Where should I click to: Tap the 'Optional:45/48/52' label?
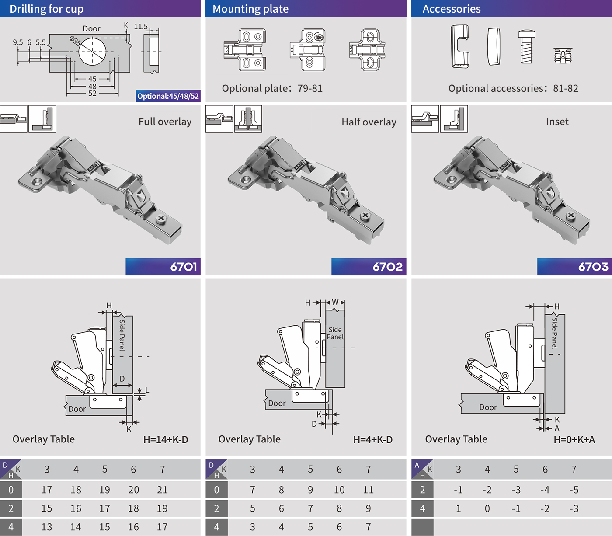tap(168, 96)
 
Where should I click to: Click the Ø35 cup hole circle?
tap(92, 51)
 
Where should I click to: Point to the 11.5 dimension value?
tap(140, 27)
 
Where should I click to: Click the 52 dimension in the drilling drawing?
tap(92, 93)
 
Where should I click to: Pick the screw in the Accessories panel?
tap(526, 46)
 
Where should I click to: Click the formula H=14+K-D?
tap(166, 440)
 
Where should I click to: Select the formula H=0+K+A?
tap(574, 440)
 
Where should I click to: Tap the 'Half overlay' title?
tap(369, 122)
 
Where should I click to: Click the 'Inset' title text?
tap(557, 122)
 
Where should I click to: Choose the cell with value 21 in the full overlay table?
tap(162, 490)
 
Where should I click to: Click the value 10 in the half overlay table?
tap(339, 490)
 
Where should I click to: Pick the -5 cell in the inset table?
tap(574, 490)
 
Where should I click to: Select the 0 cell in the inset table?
tap(487, 508)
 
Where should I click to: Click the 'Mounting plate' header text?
tap(250, 9)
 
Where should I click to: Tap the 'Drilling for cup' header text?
tap(46, 9)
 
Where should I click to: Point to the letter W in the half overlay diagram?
tap(335, 302)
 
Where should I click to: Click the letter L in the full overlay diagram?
tap(147, 390)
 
